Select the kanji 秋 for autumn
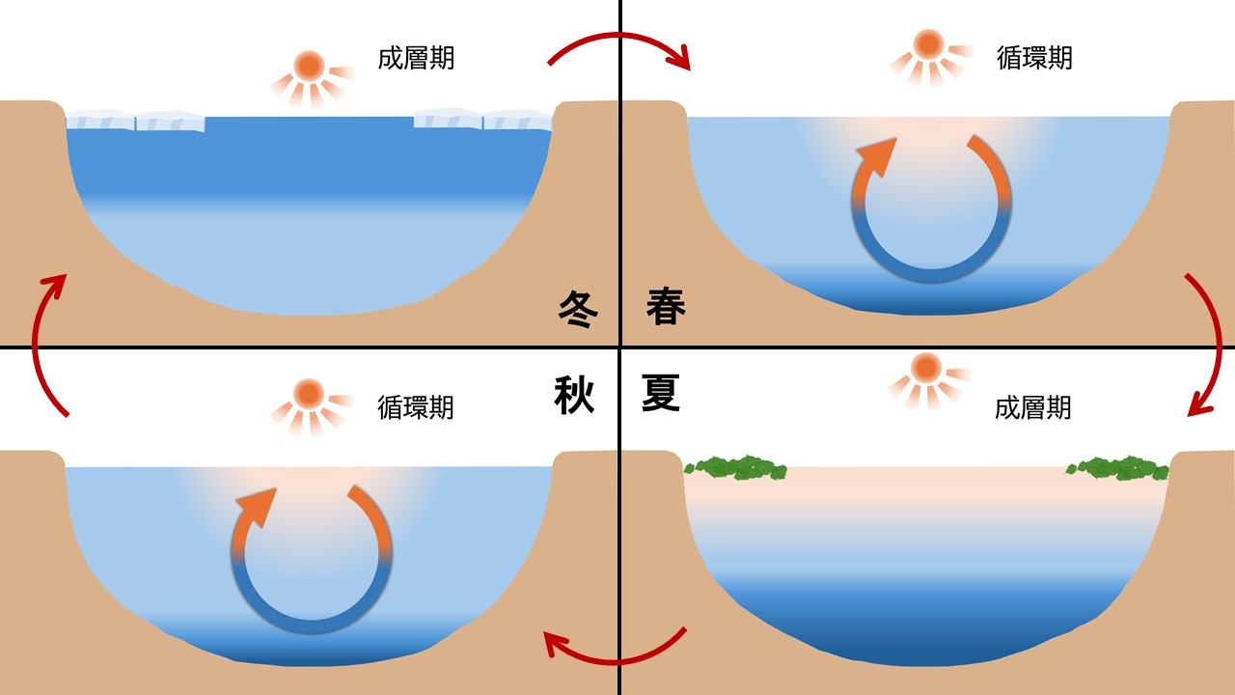pos(575,395)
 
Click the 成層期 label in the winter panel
pos(416,58)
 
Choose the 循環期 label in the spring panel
pos(1034,58)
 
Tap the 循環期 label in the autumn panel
pos(416,407)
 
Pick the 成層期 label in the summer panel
pos(1033,407)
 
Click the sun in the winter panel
pos(310,67)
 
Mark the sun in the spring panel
pos(928,44)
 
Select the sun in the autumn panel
pos(309,394)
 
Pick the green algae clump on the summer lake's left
pos(736,468)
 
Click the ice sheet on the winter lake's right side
pos(482,120)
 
